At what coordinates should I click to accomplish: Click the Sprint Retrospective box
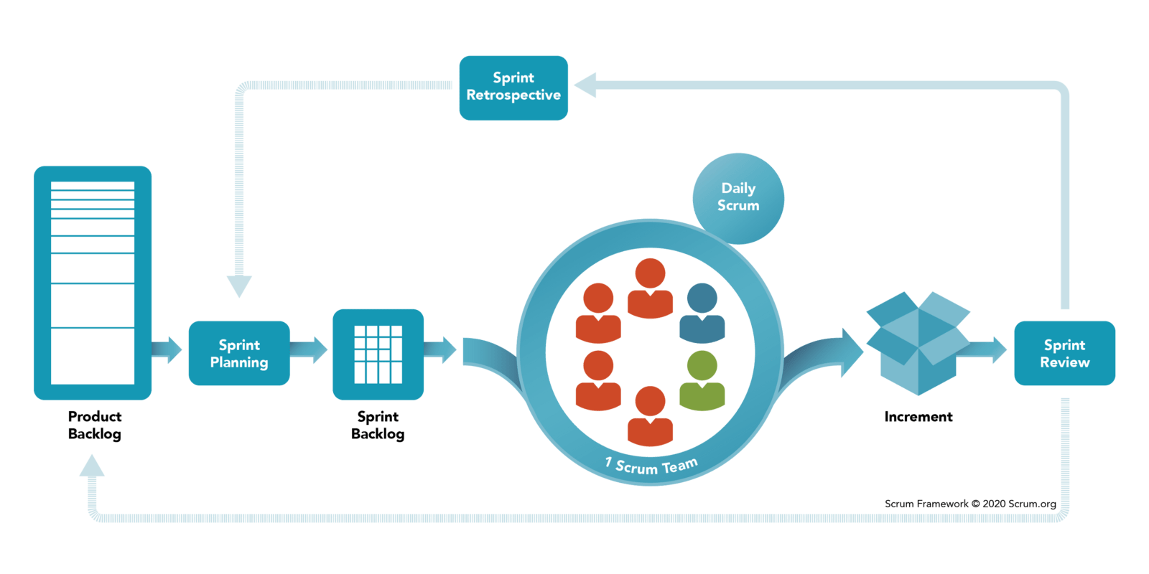pos(513,87)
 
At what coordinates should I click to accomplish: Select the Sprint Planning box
pos(239,353)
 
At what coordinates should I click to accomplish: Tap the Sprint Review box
pos(1064,353)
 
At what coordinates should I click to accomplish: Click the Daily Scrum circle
pos(738,197)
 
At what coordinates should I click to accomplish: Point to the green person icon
pos(702,382)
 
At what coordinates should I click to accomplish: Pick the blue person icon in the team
pos(702,314)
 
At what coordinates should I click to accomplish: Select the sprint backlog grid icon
pos(378,354)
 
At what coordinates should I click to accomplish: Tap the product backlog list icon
pos(93,282)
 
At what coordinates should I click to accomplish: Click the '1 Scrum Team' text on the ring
pos(651,466)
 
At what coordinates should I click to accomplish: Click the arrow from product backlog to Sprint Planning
pos(169,349)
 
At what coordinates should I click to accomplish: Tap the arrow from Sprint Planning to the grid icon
pos(311,349)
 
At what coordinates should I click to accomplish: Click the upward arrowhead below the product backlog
pos(92,466)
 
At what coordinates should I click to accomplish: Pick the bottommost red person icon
pos(650,416)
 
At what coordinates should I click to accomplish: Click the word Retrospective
pos(513,95)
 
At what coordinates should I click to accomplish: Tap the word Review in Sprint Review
pos(1064,362)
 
